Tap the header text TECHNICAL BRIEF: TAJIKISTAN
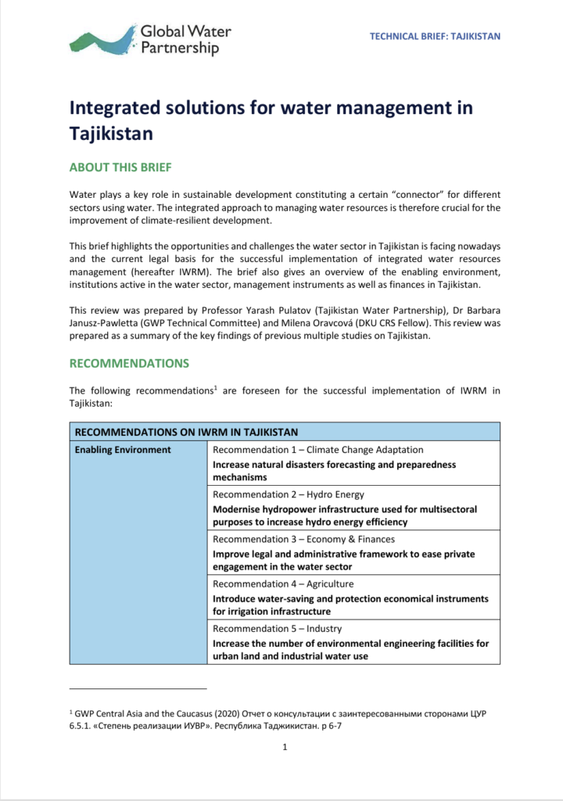[434, 36]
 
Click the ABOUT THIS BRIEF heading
[120, 167]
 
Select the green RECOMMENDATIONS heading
[129, 363]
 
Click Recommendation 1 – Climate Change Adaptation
[317, 450]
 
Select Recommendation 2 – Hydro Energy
[289, 494]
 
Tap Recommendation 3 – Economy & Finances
[303, 539]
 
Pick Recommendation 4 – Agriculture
[283, 584]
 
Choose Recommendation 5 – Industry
[277, 628]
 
